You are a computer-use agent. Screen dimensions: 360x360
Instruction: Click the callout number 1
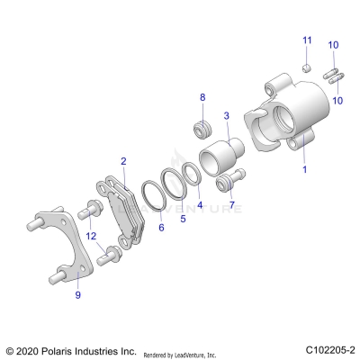coord(304,168)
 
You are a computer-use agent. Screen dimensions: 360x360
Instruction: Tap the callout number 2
coord(123,162)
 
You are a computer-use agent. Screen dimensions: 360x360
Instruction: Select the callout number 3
coord(226,115)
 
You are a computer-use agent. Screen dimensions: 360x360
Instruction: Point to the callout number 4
coord(199,204)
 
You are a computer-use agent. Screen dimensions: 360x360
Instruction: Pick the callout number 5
coord(183,217)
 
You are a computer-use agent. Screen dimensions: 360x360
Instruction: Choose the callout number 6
coord(161,229)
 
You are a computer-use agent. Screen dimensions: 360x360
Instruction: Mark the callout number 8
coord(202,96)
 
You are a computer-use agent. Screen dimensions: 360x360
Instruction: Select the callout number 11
coord(306,40)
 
